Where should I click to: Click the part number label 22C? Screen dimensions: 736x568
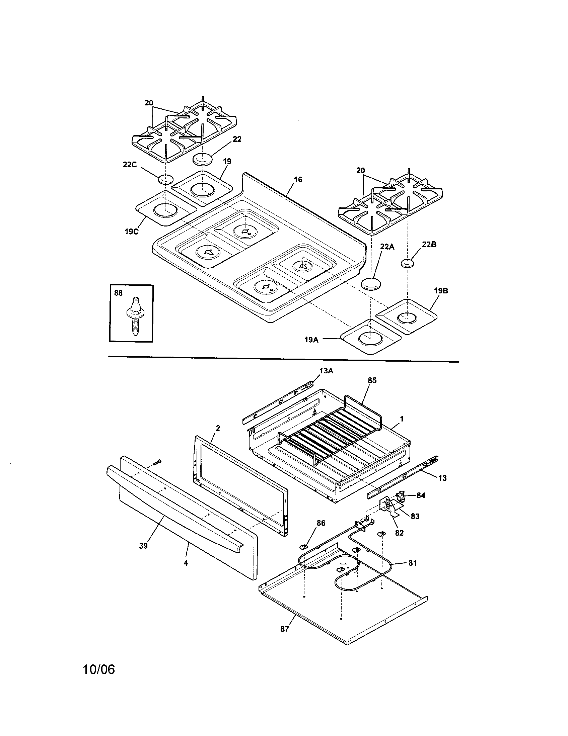click(130, 165)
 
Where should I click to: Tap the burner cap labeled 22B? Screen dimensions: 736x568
click(408, 263)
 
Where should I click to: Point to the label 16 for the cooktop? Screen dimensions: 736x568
click(298, 180)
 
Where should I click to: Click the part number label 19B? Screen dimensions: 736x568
click(441, 290)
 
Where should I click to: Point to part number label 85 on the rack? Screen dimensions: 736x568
click(372, 380)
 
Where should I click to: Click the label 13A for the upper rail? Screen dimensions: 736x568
click(326, 371)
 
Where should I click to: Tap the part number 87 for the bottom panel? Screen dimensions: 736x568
click(285, 629)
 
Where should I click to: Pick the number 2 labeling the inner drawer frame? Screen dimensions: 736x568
click(218, 428)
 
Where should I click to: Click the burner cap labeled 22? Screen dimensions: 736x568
click(203, 159)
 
